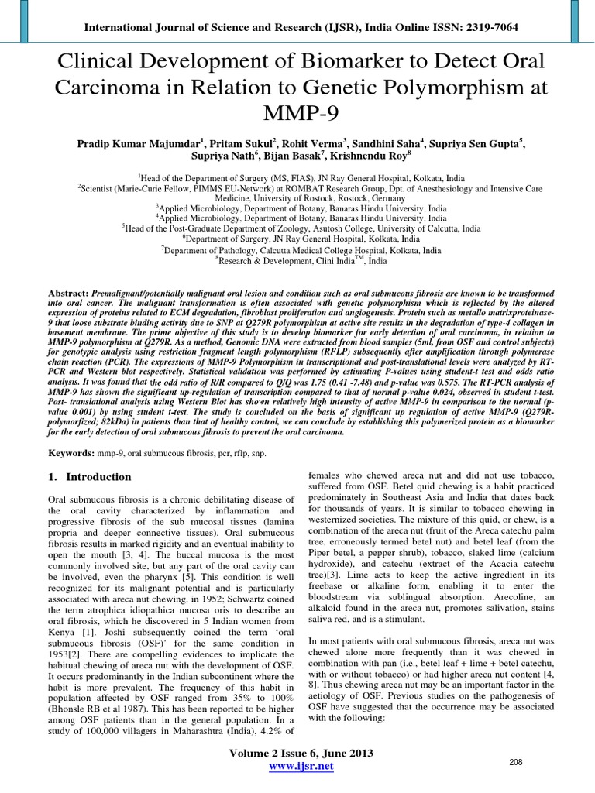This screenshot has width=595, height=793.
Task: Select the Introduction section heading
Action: pyautogui.click(x=98, y=476)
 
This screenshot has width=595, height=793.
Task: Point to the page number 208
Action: pyautogui.click(x=516, y=763)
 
